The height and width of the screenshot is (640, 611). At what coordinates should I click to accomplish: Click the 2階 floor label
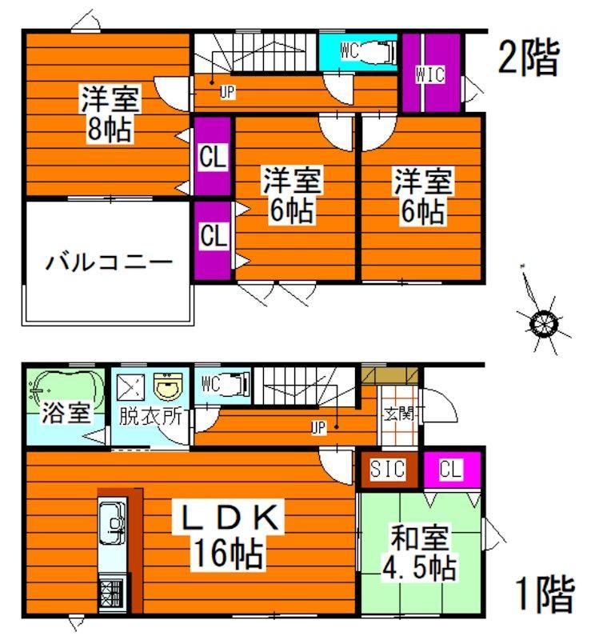pos(528,58)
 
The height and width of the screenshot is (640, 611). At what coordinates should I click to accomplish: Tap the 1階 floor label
pos(545,594)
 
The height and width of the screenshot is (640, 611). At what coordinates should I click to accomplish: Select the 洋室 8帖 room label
pos(110,114)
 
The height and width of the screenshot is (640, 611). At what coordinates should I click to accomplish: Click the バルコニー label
pos(109,262)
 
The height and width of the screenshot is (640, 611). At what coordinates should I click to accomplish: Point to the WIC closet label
pos(430,74)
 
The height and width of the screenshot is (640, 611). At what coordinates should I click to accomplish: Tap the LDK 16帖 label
pos(230,535)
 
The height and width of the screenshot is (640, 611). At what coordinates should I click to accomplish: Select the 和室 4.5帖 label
pos(420,553)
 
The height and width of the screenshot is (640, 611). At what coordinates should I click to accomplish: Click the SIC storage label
pos(388,469)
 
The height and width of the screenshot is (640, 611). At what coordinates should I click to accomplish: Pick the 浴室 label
pos(66,413)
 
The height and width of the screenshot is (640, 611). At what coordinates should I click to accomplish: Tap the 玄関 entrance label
pos(398,414)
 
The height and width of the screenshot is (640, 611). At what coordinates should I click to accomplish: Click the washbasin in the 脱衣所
pos(168,386)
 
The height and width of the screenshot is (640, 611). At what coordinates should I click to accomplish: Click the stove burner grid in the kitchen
pos(111,593)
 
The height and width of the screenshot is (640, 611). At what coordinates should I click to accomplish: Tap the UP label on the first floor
pos(318,429)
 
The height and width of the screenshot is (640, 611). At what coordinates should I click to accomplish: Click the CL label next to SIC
pos(450,469)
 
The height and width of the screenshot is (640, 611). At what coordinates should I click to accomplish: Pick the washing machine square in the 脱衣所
pos(130,386)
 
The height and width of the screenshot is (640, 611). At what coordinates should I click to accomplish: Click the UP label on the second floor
pos(227,93)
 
